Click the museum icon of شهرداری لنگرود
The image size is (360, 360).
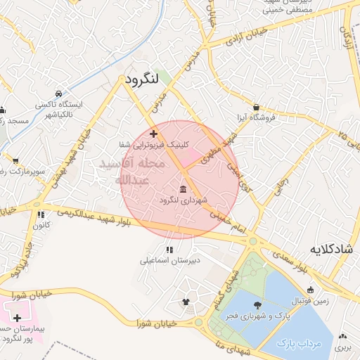(183, 188)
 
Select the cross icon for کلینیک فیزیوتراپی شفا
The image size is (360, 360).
(153, 132)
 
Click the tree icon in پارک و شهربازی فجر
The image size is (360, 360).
(257, 304)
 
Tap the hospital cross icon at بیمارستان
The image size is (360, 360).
(17, 318)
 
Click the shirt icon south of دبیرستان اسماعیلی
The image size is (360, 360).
(186, 302)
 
